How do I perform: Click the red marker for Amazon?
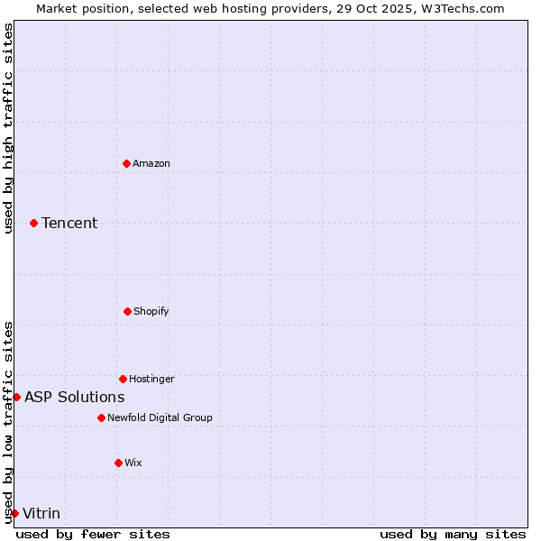coord(126,163)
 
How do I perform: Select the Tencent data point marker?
coord(33,223)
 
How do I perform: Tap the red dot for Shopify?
coord(127,311)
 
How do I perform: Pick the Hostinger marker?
coord(123,379)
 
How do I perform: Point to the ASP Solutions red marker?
coord(16,397)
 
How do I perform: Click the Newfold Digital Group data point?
coord(101,417)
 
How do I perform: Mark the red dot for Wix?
coord(118,463)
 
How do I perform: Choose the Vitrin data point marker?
coord(14,513)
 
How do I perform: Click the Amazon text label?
coord(151,163)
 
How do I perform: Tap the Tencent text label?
coord(69,223)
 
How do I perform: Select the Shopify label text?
coord(151,311)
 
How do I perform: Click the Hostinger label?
coord(151,379)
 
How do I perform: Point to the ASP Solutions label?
coord(75,397)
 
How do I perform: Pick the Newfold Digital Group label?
coord(160,417)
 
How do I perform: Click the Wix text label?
coord(133,463)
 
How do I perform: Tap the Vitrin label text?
coord(41,513)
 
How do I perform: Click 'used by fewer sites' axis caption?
coord(93,534)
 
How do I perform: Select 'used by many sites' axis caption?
coord(453,534)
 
